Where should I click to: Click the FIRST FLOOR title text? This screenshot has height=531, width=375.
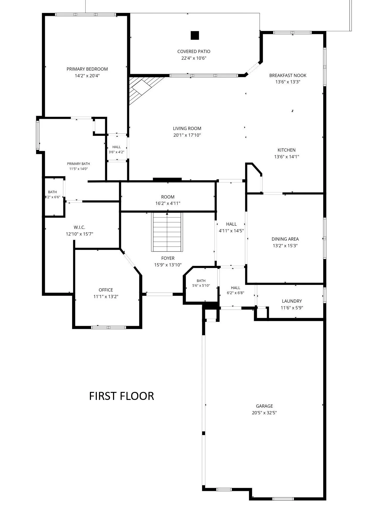122,396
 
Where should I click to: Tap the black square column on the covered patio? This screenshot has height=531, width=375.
195,35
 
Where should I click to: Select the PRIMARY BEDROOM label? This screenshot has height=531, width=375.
87,69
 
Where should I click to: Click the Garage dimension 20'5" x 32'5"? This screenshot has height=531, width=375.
264,413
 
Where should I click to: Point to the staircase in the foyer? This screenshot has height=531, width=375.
167,232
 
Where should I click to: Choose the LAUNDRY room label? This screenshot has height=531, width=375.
292,301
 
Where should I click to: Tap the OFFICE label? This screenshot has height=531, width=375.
106,290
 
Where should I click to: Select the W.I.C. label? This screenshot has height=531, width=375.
80,227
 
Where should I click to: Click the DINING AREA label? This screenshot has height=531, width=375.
285,239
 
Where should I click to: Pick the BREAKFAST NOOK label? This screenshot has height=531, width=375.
288,75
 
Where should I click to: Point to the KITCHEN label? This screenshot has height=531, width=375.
287,150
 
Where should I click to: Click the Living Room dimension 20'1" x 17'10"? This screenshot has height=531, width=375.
187,135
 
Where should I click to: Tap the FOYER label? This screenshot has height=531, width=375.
168,258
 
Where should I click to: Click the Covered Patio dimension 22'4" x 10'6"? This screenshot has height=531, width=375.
194,58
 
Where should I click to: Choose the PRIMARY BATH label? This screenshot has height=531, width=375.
78,164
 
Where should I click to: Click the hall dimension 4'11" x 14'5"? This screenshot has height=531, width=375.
231,231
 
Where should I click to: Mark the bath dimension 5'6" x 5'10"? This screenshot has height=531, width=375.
201,286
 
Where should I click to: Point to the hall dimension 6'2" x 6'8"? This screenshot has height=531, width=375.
236,293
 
